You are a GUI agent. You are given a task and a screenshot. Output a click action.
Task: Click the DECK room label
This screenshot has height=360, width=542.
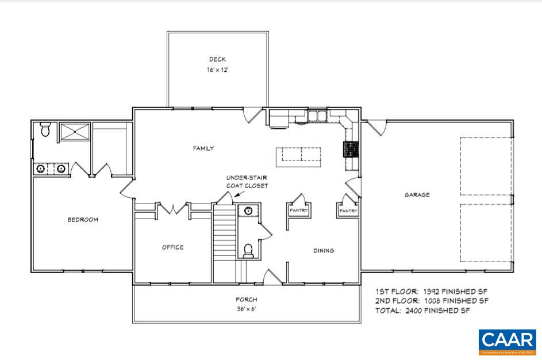click(x=217, y=59)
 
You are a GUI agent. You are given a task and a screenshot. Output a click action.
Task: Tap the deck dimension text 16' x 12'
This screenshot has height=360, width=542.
click(x=217, y=70)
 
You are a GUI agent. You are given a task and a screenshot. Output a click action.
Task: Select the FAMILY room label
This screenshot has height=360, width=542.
click(x=203, y=148)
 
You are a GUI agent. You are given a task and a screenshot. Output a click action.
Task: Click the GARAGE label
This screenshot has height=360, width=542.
click(x=417, y=195)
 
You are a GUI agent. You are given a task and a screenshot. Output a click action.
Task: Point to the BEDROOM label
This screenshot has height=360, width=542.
click(x=83, y=220)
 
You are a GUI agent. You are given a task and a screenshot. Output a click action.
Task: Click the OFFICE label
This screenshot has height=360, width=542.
click(x=172, y=247)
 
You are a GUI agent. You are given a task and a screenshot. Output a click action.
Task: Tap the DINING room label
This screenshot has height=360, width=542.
click(x=324, y=251)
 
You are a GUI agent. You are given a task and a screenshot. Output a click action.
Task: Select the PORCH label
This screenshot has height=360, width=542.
click(x=246, y=300)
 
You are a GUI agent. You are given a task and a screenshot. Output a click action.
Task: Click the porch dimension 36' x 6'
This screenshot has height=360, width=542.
click(x=246, y=309)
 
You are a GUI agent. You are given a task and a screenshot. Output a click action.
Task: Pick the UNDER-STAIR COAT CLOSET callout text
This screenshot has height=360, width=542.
click(x=247, y=182)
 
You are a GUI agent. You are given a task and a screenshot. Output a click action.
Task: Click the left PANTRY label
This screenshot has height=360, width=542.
click(x=299, y=210)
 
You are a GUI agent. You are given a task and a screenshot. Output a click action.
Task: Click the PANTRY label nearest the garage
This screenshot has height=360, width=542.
click(x=348, y=211)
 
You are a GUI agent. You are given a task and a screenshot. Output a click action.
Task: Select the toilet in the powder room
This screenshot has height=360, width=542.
click(x=249, y=250)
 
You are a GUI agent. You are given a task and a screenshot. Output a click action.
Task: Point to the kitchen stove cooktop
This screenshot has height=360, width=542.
click(x=351, y=150)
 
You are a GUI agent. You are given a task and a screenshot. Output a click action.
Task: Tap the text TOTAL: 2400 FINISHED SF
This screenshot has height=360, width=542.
click(x=422, y=311)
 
